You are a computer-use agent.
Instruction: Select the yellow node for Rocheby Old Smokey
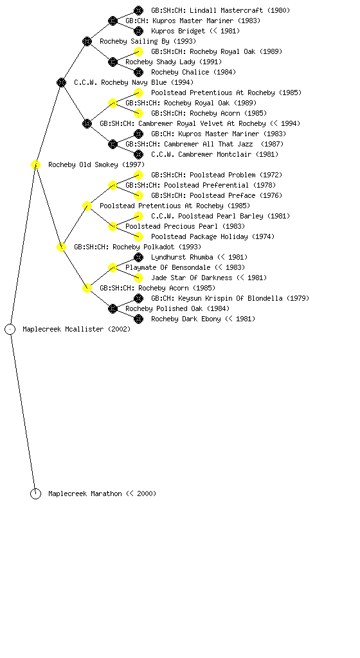[35, 164]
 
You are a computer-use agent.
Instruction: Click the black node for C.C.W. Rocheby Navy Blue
[61, 82]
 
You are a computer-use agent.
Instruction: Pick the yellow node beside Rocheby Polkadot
[61, 247]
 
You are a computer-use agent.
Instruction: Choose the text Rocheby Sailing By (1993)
[148, 41]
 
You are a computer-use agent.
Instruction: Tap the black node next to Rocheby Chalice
[138, 72]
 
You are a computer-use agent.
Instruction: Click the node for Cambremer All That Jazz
[113, 144]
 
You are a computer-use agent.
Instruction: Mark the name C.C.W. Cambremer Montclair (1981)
[215, 154]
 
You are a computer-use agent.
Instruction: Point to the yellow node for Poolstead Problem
[138, 175]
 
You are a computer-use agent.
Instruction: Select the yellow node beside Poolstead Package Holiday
[138, 236]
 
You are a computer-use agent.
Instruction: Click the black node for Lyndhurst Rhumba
[138, 257]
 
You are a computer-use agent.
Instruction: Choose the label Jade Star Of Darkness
[192, 278]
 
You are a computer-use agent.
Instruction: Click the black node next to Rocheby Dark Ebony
[138, 319]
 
